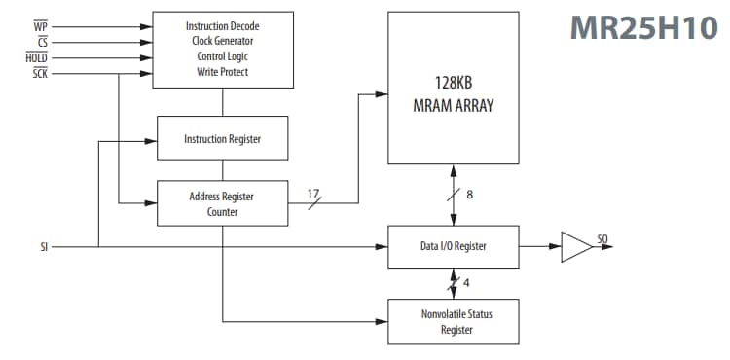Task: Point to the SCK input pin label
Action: point(40,73)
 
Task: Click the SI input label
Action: point(44,247)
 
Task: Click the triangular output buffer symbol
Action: point(576,247)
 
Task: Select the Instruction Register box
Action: point(223,139)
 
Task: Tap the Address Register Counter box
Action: point(223,203)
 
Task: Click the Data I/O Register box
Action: point(453,247)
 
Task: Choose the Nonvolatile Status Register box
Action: point(453,321)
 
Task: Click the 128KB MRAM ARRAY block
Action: point(453,89)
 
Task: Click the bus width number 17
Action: point(313,193)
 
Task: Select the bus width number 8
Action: point(470,195)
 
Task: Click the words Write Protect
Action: point(223,73)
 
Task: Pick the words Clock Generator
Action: point(223,40)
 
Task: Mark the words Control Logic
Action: point(223,56)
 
